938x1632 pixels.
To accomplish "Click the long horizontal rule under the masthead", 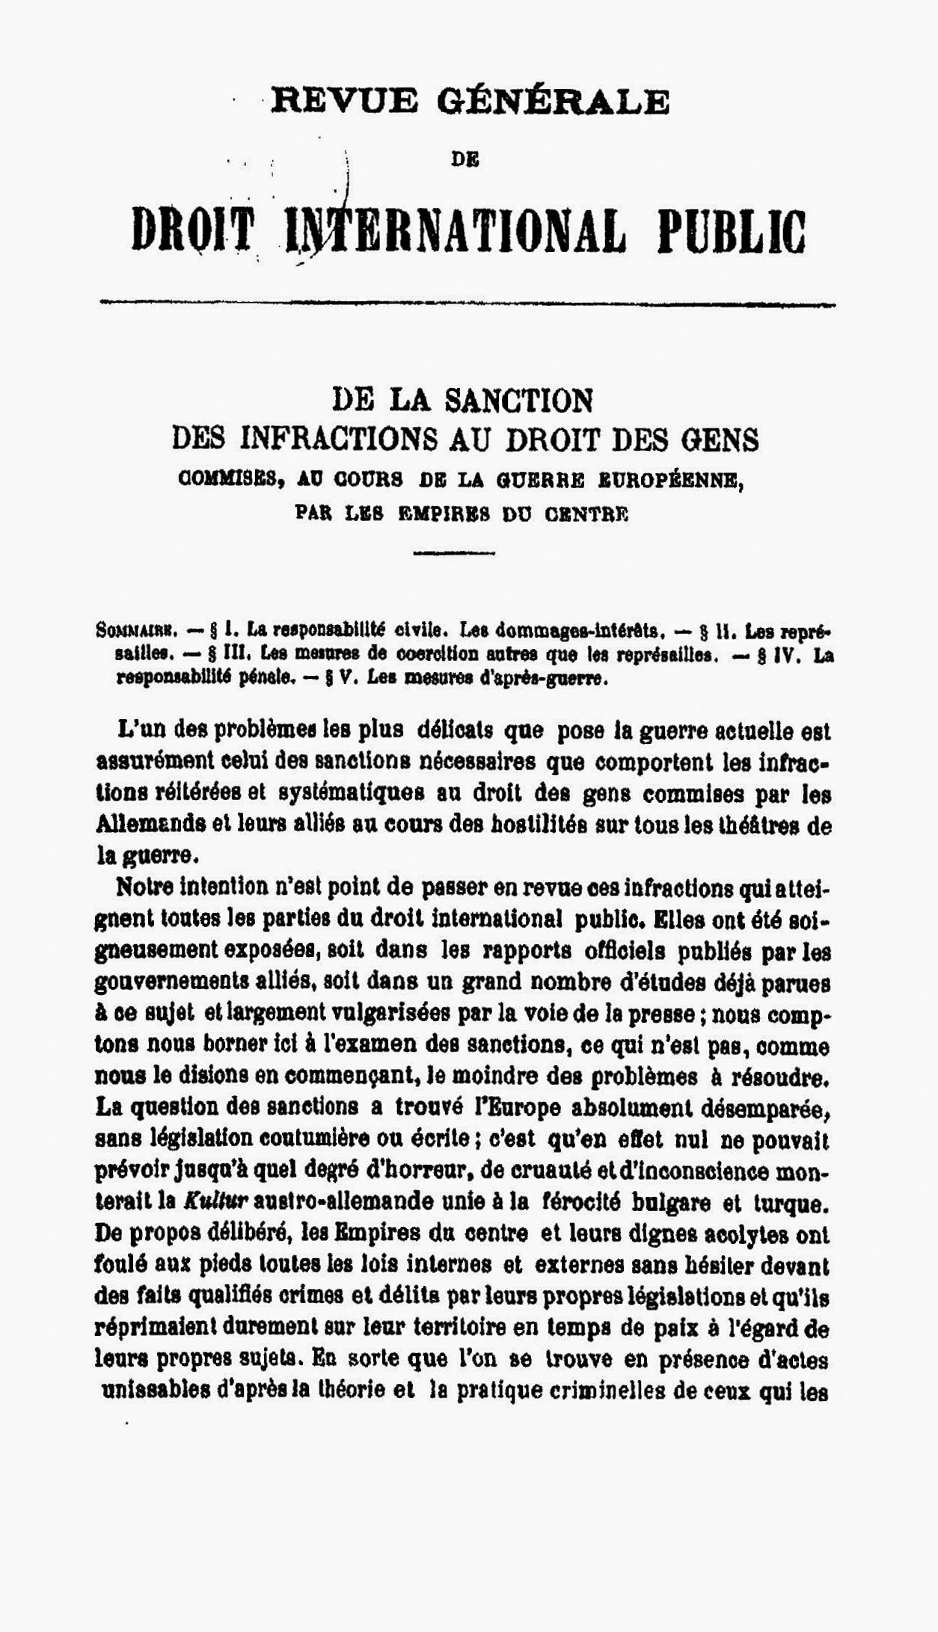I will (x=468, y=304).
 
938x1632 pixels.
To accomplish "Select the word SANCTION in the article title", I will (x=518, y=401).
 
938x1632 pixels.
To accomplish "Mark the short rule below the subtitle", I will (x=453, y=553).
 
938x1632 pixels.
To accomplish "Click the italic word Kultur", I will (x=215, y=1202).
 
